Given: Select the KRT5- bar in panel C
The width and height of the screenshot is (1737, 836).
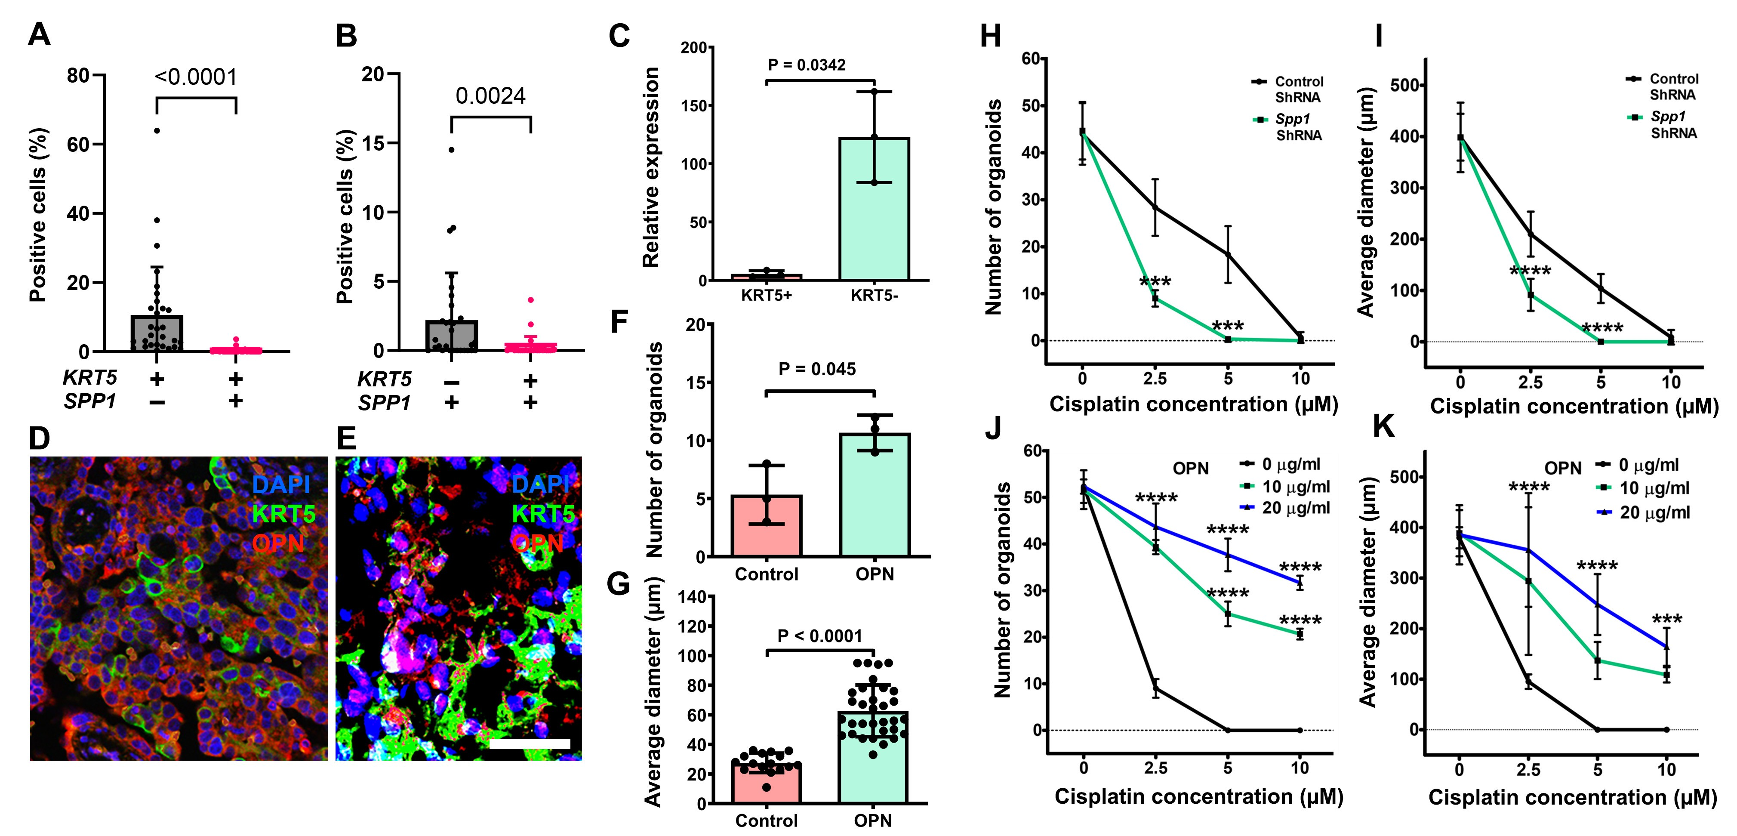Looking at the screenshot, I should (x=874, y=209).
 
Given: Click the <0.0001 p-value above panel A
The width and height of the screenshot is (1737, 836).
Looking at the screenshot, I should (x=196, y=77).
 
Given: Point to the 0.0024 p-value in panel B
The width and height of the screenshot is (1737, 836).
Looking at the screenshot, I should (x=490, y=96).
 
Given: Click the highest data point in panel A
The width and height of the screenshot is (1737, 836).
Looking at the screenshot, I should (x=157, y=130).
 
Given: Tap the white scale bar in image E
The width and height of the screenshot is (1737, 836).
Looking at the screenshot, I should (x=530, y=743).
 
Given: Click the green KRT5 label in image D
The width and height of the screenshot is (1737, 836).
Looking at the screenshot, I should (x=283, y=515).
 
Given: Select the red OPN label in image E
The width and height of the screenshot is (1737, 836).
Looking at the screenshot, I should (x=537, y=543).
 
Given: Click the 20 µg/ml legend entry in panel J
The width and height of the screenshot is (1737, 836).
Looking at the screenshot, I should (x=1295, y=508).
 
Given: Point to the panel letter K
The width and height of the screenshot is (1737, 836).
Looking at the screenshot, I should (x=1384, y=427).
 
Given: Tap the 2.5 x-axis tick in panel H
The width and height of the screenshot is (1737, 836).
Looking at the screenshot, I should (x=1155, y=378).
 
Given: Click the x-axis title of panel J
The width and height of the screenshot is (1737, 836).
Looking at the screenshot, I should (x=1198, y=796).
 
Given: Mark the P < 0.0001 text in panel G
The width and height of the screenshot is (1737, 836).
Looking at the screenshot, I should (x=819, y=636).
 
